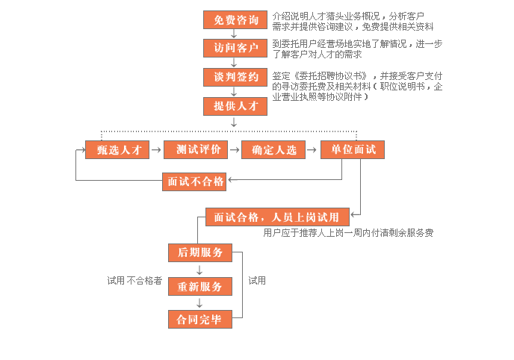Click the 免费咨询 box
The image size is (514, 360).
coord(235,19)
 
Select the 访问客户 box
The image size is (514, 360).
coord(235,49)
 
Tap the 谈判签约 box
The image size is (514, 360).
coord(235,78)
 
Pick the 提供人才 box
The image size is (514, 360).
coord(235,106)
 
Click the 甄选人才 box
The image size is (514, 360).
coord(118,149)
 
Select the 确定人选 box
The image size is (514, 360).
coord(273,149)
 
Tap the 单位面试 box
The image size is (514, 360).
coord(353,149)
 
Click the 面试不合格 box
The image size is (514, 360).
coord(194,181)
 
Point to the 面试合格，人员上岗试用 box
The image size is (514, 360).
coord(276,217)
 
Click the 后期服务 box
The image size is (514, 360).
coord(199,252)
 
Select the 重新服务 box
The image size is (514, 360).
coord(199,287)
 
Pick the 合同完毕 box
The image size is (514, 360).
coord(199,320)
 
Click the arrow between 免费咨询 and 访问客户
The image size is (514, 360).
coord(235,34)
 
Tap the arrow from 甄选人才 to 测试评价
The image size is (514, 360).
coord(156,150)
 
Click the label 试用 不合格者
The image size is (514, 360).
coord(135,282)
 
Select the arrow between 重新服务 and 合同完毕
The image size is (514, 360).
coord(199,303)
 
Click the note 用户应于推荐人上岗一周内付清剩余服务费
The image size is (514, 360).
coord(348,233)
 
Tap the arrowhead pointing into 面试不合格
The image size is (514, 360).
coord(231,180)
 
